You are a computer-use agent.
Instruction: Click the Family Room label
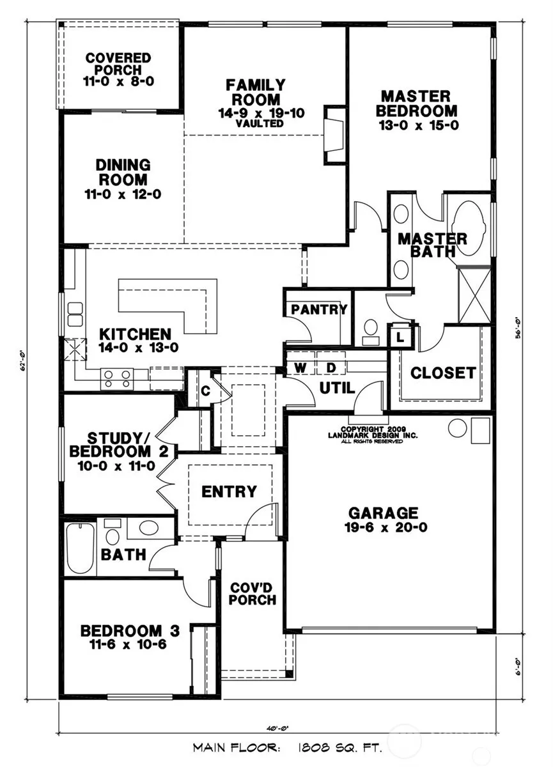click(256, 92)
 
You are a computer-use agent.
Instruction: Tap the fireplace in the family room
click(334, 136)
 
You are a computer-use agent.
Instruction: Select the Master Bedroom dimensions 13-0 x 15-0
click(419, 125)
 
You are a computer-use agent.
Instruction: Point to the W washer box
click(300, 368)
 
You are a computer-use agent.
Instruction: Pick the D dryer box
click(331, 368)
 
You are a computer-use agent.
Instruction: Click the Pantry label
click(319, 309)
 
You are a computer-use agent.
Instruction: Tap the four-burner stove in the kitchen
click(117, 378)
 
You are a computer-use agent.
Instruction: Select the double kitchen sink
click(75, 314)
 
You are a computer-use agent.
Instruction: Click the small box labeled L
click(400, 337)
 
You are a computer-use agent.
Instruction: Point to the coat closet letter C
click(205, 391)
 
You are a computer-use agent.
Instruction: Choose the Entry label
click(229, 492)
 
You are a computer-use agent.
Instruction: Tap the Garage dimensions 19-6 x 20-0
click(386, 527)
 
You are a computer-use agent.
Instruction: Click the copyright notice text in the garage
click(373, 435)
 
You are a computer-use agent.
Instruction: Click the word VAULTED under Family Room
click(260, 123)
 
